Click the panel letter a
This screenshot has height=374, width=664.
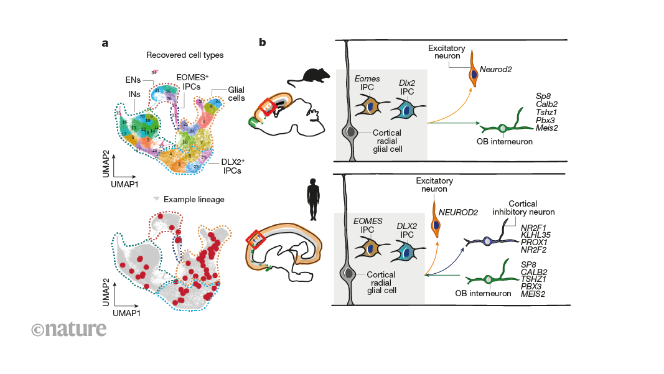tap(106, 44)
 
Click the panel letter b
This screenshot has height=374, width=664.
tap(263, 43)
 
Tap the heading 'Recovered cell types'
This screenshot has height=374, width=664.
tap(185, 55)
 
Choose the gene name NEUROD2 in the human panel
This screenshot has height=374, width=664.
tap(458, 212)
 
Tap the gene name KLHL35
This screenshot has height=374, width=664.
tap(536, 235)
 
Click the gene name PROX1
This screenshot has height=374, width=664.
tap(535, 243)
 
